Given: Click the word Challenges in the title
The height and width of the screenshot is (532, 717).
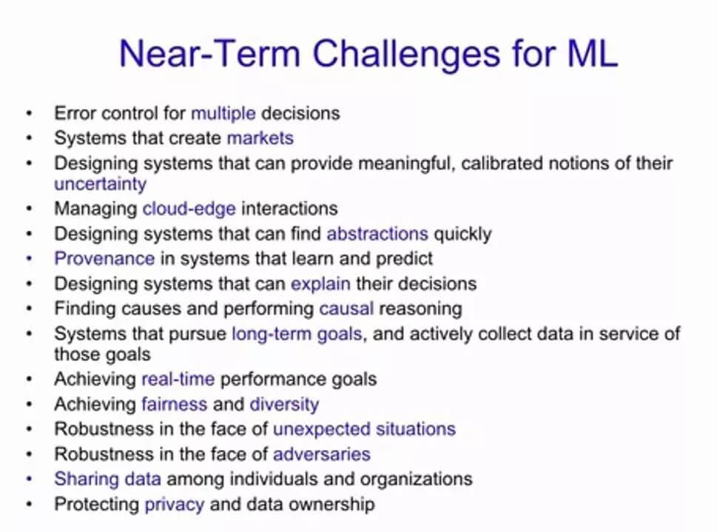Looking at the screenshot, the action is pos(406,55).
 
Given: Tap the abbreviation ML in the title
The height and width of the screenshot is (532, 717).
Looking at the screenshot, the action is pos(593,53).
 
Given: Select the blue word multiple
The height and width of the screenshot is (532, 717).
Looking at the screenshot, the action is pos(223,113).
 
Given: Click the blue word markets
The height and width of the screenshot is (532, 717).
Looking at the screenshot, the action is pos(260,138).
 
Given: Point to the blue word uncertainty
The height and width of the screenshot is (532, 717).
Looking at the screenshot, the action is pos(100,184).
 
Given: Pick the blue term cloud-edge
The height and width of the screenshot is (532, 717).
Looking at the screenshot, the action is pos(189,209).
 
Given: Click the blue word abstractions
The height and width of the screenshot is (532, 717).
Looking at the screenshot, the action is pos(377,234).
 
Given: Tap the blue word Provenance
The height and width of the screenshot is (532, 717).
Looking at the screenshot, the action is pos(104,258).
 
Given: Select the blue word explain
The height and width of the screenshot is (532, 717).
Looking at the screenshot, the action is pos(320,284).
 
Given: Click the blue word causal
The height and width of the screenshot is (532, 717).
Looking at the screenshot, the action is pos(346,309).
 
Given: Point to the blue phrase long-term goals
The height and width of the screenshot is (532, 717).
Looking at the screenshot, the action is pos(297,334).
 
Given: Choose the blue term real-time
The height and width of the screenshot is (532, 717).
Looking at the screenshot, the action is pos(178,380).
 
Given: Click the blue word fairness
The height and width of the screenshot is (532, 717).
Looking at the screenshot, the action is pos(174,405).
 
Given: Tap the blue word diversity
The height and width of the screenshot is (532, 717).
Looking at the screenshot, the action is pos(284,405).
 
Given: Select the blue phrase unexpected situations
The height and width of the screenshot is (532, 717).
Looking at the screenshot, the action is pos(364,430).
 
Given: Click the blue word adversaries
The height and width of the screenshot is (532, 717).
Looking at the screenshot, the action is pos(321,454).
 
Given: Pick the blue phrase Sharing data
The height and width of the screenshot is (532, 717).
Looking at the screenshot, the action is pos(107,479).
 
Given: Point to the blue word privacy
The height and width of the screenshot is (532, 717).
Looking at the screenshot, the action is pos(174,505).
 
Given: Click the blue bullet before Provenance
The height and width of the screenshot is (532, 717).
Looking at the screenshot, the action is pos(30,259).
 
